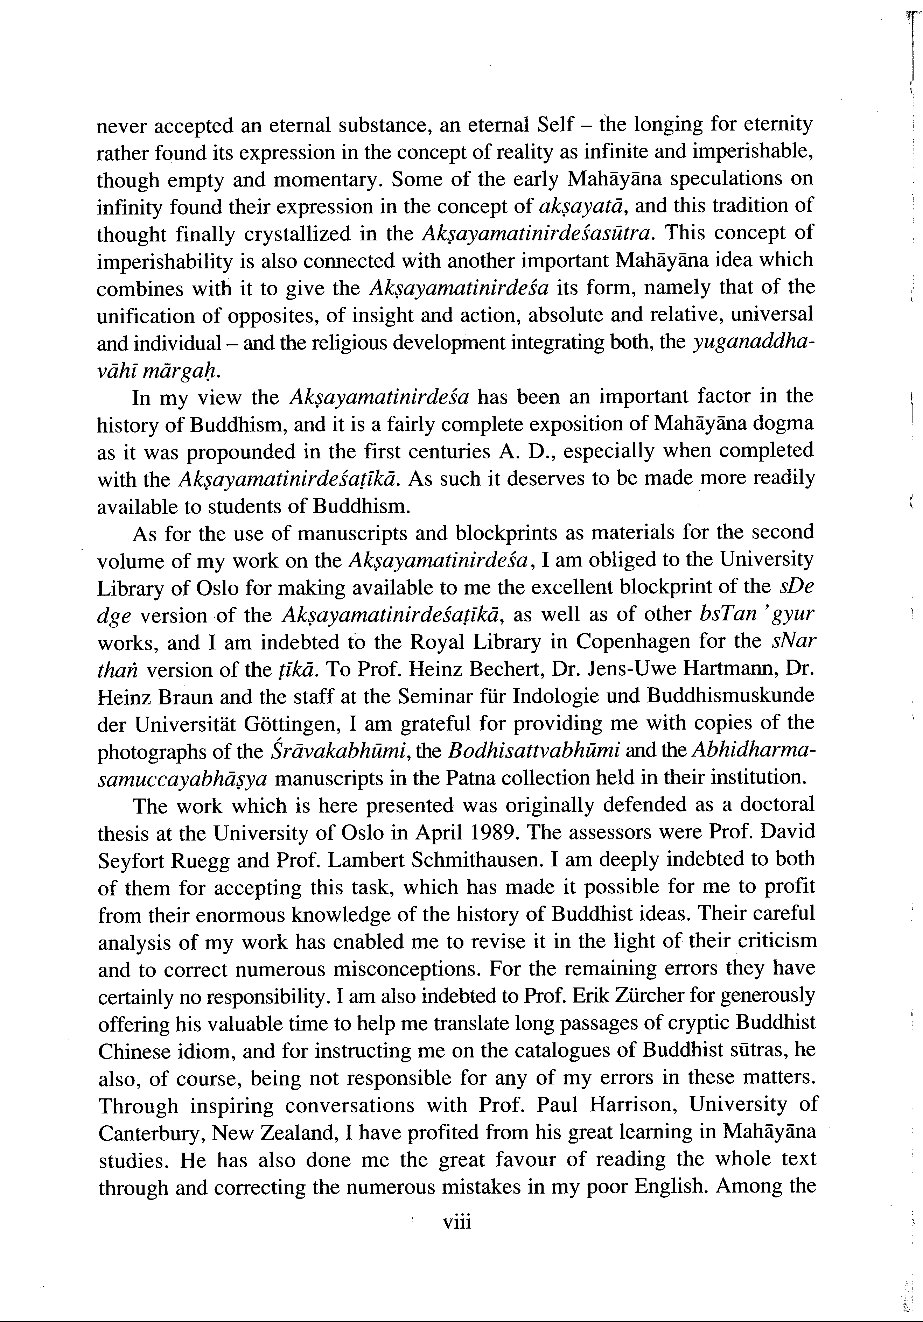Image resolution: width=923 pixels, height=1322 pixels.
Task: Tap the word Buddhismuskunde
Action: pyautogui.click(x=731, y=696)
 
